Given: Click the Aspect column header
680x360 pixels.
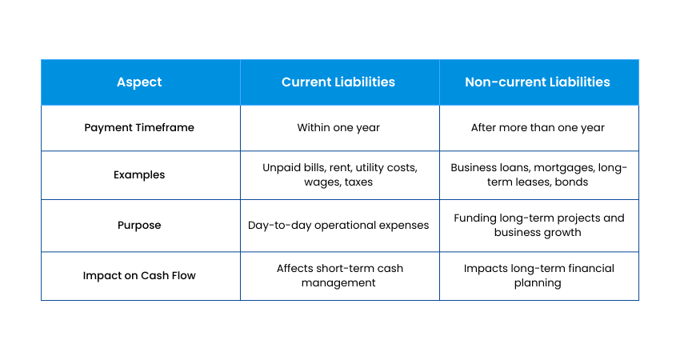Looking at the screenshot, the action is coord(139,82).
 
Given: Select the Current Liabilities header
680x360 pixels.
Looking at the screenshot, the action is coord(338,82).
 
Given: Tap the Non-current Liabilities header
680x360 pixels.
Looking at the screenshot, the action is coord(538,82).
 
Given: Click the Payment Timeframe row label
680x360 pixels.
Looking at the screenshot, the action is coord(139,128).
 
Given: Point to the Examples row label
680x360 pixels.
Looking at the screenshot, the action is coord(139,174).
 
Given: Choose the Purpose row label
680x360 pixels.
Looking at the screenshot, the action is coord(139,226).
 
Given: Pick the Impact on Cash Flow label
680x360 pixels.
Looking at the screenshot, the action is coord(139,276).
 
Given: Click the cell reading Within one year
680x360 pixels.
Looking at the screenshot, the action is coord(338,128).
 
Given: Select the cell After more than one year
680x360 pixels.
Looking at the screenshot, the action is coord(538,128).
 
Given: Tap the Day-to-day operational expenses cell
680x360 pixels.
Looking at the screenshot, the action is coord(338,226).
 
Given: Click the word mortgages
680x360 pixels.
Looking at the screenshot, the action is coord(564,168).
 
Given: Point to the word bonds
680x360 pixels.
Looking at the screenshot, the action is coord(571,182).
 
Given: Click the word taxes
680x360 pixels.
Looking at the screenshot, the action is coord(358,182).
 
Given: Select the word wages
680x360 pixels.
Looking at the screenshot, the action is coord(322,182).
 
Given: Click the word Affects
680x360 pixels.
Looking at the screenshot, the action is coord(295,269).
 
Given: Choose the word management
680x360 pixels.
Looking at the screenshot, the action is coord(338,283).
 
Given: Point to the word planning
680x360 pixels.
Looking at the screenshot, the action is coord(538,283).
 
